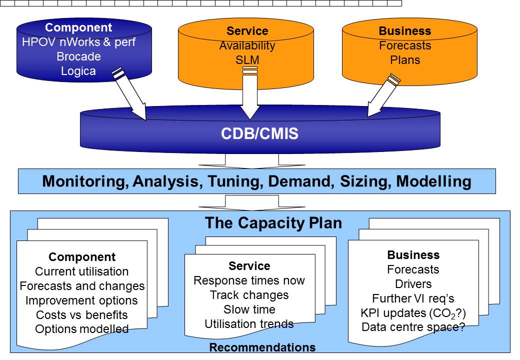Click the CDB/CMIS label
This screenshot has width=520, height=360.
[259, 133]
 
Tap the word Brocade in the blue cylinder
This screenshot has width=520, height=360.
[78, 56]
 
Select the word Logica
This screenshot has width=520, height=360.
[78, 71]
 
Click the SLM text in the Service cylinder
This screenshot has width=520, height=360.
[247, 60]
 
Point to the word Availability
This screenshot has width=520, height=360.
[247, 45]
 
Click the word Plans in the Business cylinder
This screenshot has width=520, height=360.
[405, 60]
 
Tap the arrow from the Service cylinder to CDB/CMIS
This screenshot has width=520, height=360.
[249, 93]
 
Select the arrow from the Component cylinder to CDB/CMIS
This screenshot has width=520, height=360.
[129, 93]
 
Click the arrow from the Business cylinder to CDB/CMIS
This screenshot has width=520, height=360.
[384, 95]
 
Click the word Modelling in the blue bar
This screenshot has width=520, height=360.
[434, 181]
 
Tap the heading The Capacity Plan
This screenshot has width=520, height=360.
[273, 223]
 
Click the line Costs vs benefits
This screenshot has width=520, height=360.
[82, 314]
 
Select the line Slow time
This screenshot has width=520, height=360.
[249, 309]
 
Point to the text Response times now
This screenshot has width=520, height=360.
[249, 280]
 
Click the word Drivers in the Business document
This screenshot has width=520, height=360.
[413, 284]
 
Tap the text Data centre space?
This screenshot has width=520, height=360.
[413, 327]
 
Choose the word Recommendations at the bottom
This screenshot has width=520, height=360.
[262, 347]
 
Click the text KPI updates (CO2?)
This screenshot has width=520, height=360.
[413, 313]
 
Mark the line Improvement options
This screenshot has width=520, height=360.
[81, 300]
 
